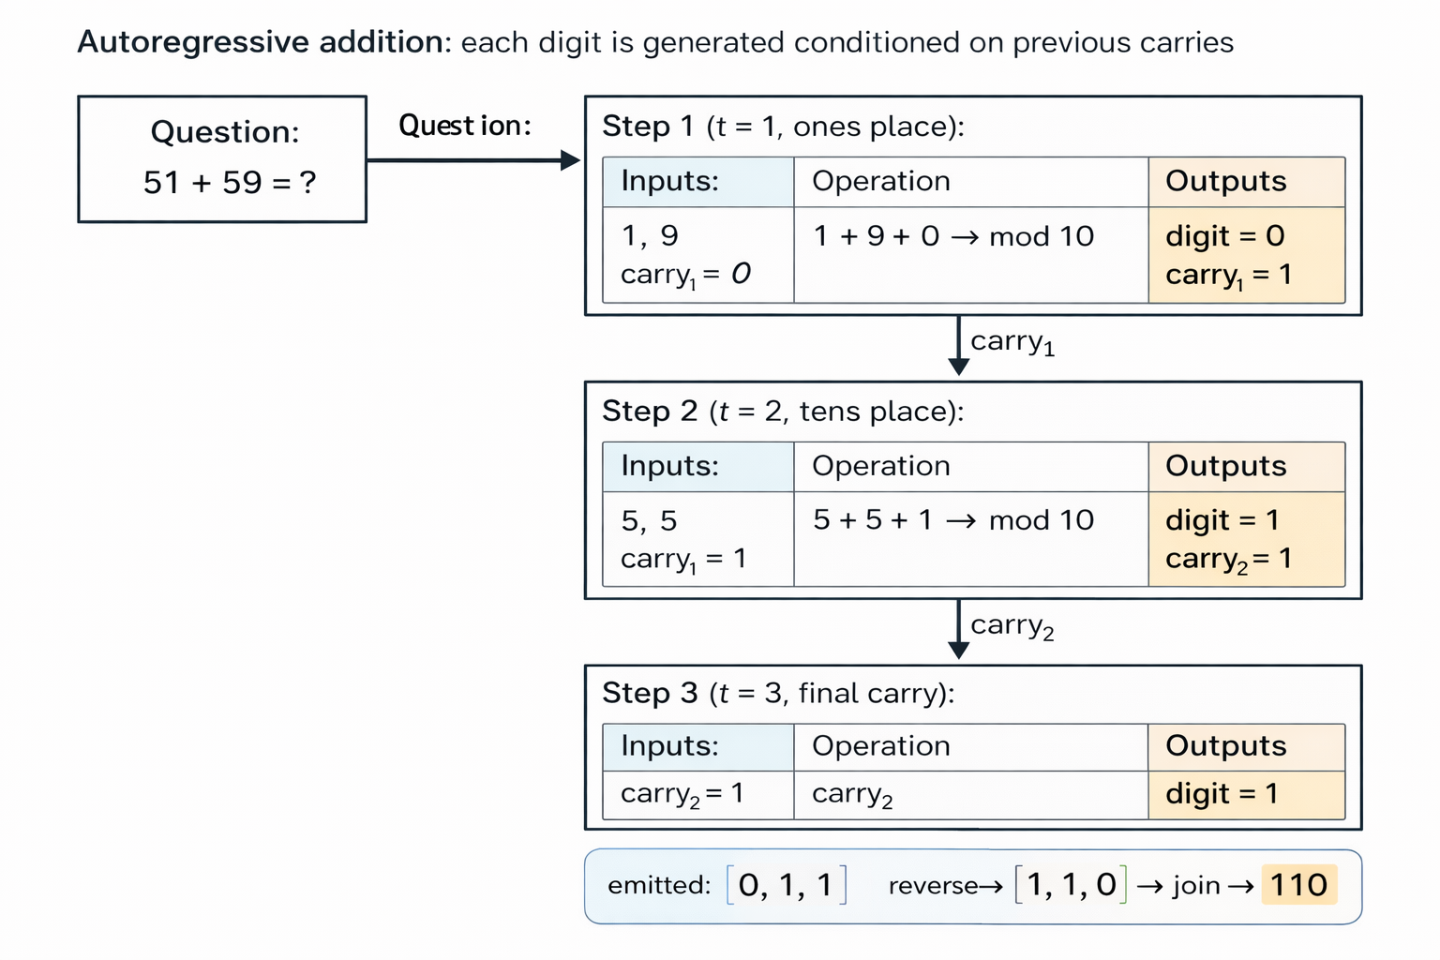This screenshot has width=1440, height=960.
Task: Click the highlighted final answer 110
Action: tap(1298, 885)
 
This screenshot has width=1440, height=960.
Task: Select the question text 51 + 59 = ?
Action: tap(230, 183)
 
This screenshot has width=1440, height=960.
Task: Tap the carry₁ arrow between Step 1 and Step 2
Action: tap(958, 345)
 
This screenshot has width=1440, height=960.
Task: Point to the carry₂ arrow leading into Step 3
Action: tap(958, 629)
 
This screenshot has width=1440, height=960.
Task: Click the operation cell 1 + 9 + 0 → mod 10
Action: tap(953, 236)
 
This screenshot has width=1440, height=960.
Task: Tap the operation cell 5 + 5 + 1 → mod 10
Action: tap(953, 520)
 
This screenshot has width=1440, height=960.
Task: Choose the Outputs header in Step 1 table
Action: tap(1226, 182)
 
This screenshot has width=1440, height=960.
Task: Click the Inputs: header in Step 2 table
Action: tap(669, 466)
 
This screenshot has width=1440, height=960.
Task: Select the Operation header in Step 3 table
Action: tap(881, 746)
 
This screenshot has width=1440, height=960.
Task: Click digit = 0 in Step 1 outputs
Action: tap(1224, 236)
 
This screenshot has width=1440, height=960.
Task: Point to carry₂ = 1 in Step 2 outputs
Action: tap(1228, 560)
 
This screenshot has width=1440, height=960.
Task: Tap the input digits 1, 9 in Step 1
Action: tap(650, 236)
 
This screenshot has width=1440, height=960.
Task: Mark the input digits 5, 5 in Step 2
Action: tap(649, 521)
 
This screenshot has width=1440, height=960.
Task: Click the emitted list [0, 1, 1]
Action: tap(786, 885)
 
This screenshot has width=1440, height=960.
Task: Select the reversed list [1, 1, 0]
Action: tap(1071, 885)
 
